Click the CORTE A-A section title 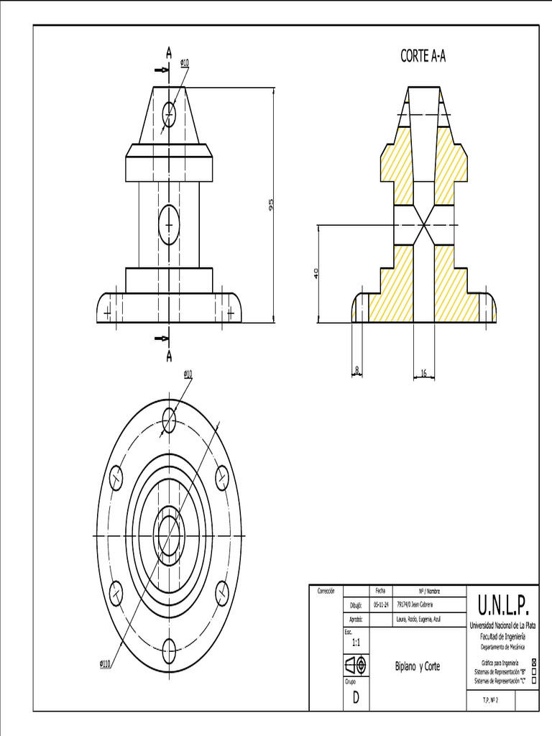423,57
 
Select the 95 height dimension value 271,205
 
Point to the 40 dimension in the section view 316,273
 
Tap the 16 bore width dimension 423,372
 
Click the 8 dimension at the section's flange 357,370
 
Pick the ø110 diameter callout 105,663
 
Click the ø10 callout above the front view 185,63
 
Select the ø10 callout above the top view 188,374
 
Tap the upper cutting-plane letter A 169,52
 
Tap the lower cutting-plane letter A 169,356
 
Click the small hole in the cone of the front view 169,112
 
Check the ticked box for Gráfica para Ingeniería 533,663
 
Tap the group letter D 355,699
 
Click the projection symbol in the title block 355,666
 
